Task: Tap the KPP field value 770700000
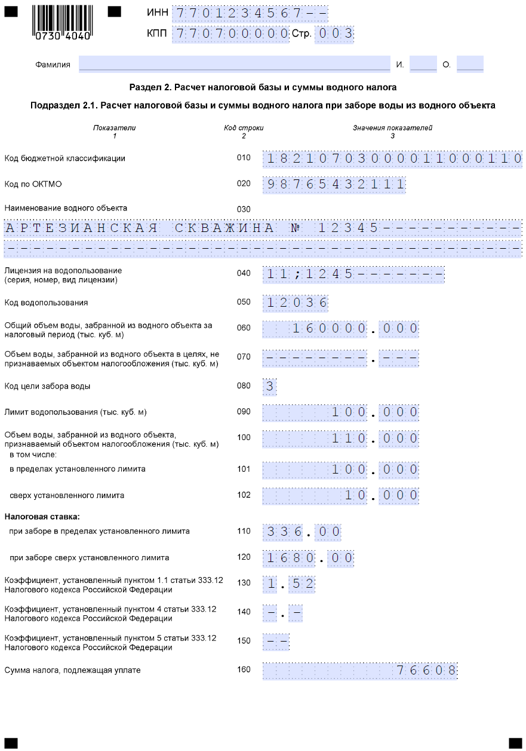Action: coord(230,34)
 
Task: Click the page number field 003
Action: coord(334,34)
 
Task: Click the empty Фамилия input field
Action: coord(234,64)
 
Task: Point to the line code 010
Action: coord(244,158)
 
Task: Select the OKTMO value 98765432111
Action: coord(334,184)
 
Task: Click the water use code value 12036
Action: coord(296,303)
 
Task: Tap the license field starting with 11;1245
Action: coord(353,274)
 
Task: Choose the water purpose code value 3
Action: coord(270,386)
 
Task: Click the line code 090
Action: coord(244,412)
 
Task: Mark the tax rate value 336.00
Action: coord(302,532)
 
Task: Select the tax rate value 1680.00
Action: coord(309,558)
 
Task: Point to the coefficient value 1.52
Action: coord(289,584)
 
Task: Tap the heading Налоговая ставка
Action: coord(42,516)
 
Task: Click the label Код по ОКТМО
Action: coord(33,184)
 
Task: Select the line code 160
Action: coord(244,670)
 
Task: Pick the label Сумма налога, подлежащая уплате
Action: coord(72,670)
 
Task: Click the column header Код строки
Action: coord(244,128)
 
